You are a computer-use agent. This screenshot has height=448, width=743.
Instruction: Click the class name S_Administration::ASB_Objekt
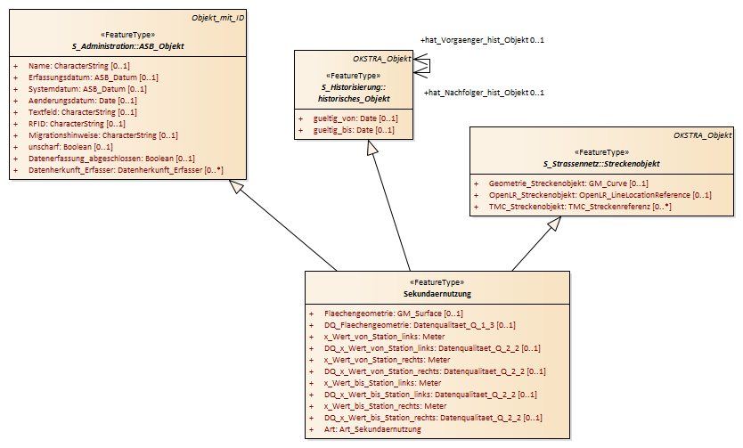(128, 46)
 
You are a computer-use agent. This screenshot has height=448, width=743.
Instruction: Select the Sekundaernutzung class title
(437, 294)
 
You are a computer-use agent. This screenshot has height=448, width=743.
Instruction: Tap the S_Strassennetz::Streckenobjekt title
(601, 164)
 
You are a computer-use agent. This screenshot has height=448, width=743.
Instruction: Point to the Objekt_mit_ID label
(218, 18)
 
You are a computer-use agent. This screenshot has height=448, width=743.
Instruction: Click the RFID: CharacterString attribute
(77, 124)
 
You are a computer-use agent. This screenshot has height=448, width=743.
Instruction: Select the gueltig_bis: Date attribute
(354, 130)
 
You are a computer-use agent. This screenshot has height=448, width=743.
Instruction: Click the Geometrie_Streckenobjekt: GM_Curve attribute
(568, 183)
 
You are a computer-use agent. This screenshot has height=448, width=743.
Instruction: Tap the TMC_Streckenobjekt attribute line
(580, 207)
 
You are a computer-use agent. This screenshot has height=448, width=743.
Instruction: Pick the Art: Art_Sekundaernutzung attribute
(372, 429)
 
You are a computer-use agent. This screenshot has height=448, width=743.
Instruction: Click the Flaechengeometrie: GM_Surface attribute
(394, 314)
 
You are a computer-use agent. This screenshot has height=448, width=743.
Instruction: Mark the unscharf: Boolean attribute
(70, 147)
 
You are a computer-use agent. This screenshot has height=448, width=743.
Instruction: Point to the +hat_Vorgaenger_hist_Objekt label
(482, 40)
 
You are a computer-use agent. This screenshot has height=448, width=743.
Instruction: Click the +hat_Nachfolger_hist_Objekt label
(484, 93)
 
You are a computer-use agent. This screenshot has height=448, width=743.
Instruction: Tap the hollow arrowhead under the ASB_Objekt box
(235, 185)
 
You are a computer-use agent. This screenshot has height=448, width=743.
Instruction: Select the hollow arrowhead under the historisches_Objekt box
(373, 147)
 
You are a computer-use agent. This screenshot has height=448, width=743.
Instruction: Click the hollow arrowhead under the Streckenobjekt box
(554, 223)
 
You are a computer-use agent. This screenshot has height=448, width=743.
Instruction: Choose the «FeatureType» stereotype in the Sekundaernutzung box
(437, 282)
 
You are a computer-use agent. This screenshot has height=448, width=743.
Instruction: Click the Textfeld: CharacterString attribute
(83, 112)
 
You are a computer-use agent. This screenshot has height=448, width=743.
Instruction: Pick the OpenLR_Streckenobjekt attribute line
(600, 195)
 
